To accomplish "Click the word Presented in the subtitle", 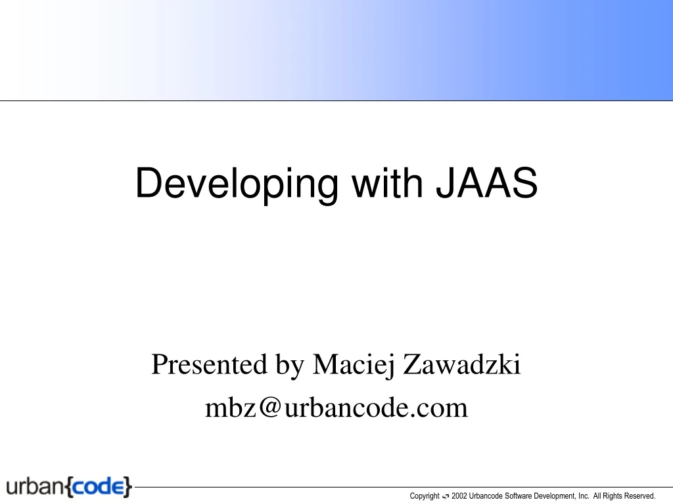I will pyautogui.click(x=208, y=364).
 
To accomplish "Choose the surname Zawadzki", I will pyautogui.click(x=462, y=364).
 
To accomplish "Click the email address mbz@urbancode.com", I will pyautogui.click(x=336, y=408).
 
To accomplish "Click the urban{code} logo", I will pyautogui.click(x=70, y=488).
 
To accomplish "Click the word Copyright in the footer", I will pyautogui.click(x=425, y=496).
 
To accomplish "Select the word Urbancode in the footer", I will pyautogui.click(x=488, y=496).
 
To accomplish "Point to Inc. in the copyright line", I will pyautogui.click(x=584, y=496).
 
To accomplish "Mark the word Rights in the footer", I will pyautogui.click(x=613, y=496).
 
